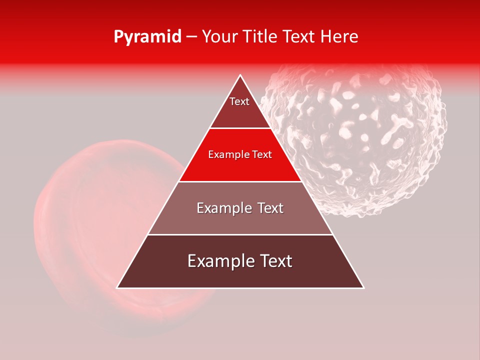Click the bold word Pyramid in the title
[x=147, y=37]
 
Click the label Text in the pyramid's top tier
[x=239, y=101]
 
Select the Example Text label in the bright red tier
[x=240, y=154]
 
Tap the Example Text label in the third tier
[x=240, y=208]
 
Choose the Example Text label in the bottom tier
[x=240, y=261]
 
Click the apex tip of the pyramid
[x=240, y=75]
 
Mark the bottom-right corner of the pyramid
[x=363, y=287]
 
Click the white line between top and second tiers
[x=240, y=128]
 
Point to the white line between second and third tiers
[x=240, y=181]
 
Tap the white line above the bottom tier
[x=240, y=234]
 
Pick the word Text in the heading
[x=299, y=37]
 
